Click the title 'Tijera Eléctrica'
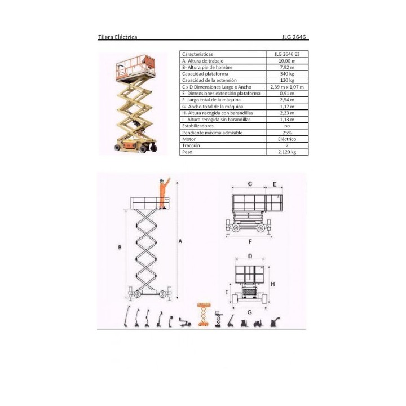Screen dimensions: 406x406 coord(117,37)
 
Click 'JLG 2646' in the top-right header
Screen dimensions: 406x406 coord(294,37)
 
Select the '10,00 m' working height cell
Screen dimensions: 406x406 coord(287,61)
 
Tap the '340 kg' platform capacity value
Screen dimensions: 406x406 coord(287,74)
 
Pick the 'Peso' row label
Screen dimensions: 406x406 coord(187,152)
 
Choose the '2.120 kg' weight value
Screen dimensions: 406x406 coord(287,152)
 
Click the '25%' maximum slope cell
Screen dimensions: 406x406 coord(287,133)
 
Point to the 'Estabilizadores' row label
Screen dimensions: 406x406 coord(198,126)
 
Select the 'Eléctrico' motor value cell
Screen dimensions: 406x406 coord(287,139)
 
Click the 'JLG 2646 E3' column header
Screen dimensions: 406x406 coord(287,54)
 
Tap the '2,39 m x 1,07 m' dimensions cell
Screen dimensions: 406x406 coord(287,87)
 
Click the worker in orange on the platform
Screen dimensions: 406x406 coord(164,193)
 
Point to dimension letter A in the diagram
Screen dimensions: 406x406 coord(180,241)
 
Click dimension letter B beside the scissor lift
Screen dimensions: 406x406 coord(120,248)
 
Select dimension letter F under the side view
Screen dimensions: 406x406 coord(250,241)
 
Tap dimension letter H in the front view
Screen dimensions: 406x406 coord(273,284)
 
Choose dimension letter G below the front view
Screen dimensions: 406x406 coord(250,312)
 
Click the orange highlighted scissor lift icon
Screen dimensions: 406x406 coord(204,314)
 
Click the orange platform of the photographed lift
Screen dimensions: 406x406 coord(136,68)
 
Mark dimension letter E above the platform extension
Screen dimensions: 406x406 coord(275,184)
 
